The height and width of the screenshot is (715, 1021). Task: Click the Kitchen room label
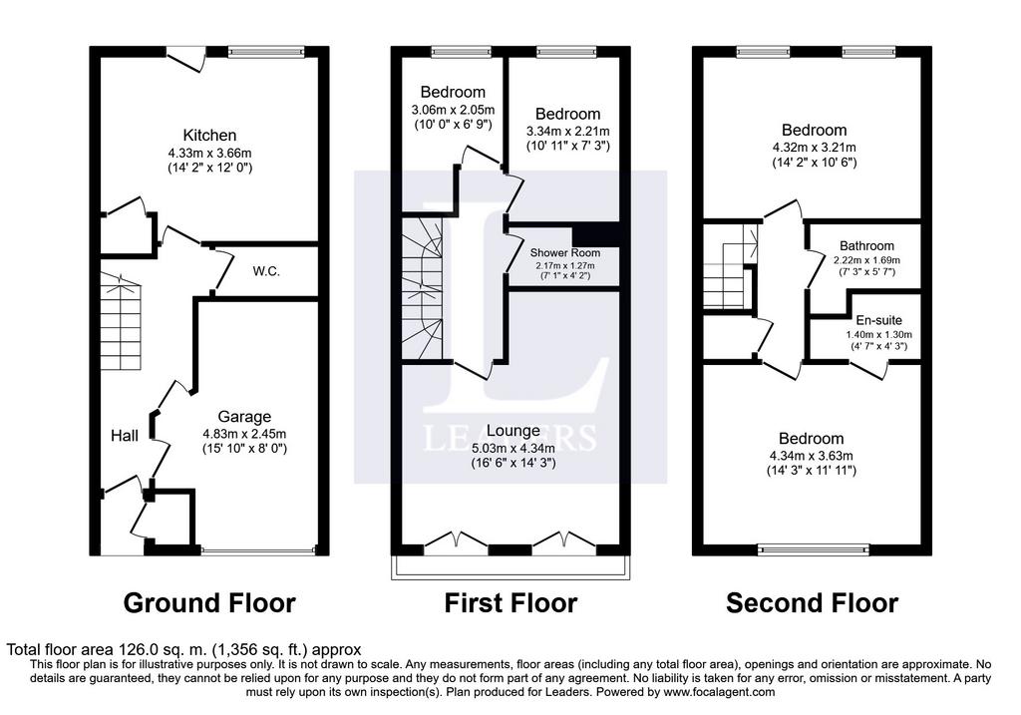click(x=209, y=136)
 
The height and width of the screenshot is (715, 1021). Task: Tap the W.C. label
click(x=266, y=271)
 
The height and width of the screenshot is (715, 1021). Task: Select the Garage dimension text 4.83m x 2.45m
click(x=244, y=434)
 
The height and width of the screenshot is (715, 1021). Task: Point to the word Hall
click(x=125, y=436)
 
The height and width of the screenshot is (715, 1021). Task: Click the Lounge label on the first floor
click(x=513, y=431)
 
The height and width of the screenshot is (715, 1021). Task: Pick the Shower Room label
click(x=565, y=252)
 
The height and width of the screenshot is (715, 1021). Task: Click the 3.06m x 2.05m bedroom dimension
click(x=453, y=110)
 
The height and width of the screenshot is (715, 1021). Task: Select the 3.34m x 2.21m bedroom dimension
click(x=567, y=132)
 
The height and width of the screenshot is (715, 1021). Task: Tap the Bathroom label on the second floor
click(x=866, y=246)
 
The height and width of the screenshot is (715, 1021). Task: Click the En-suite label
click(x=879, y=320)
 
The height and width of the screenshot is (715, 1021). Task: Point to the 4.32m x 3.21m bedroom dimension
click(x=814, y=148)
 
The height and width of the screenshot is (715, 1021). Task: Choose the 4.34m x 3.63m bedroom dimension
click(x=812, y=456)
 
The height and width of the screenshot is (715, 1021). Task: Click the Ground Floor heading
click(x=209, y=603)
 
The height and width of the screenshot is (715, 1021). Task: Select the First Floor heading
click(x=510, y=603)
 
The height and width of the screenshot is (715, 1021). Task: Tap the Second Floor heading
click(x=812, y=603)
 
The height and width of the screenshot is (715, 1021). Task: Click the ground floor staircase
click(x=121, y=321)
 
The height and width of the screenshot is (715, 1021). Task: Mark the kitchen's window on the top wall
click(x=266, y=52)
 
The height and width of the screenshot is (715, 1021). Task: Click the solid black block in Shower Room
click(x=595, y=234)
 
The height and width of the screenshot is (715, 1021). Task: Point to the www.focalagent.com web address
click(x=719, y=692)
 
